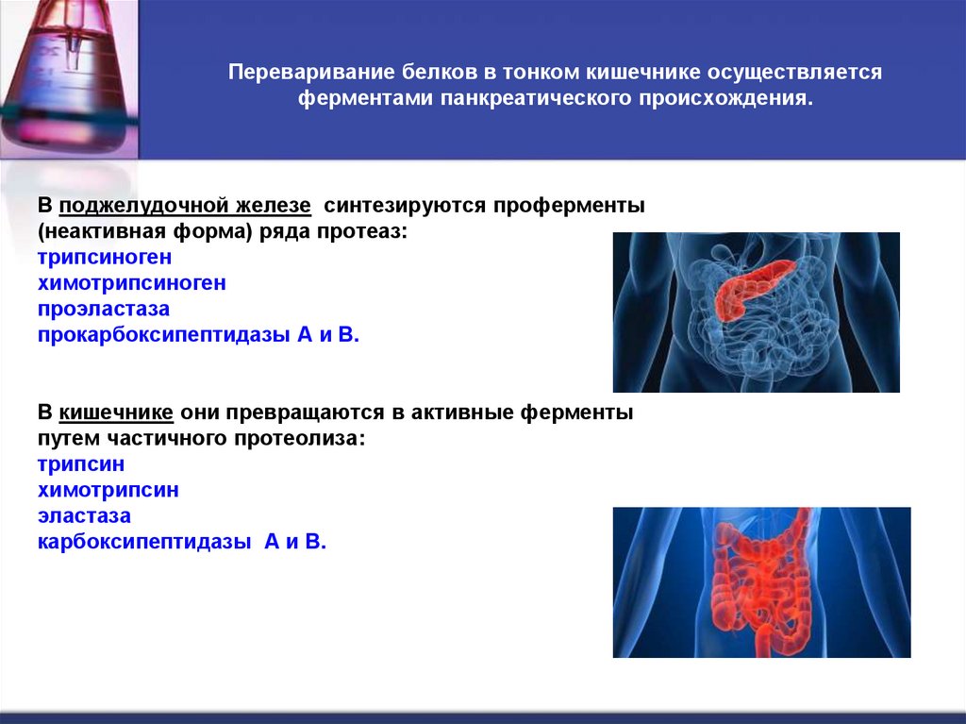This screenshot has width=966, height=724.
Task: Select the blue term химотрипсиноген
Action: pyautogui.click(x=131, y=282)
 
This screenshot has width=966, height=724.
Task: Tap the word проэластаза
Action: pyautogui.click(x=104, y=309)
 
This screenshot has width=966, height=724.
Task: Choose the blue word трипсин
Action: pyautogui.click(x=81, y=464)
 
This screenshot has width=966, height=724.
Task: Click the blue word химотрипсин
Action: pyautogui.click(x=108, y=490)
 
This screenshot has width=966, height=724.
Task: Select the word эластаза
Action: pyautogui.click(x=84, y=516)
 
